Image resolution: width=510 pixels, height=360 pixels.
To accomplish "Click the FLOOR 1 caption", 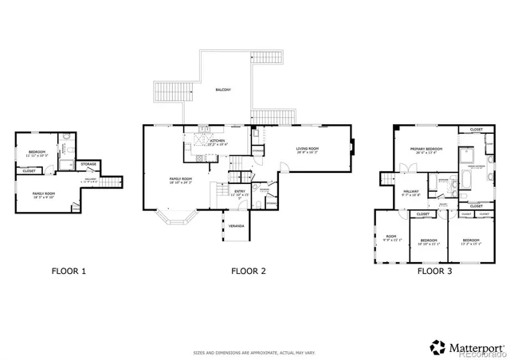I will pos(69,272).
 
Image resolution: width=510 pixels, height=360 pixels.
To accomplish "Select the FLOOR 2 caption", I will pos(249,272).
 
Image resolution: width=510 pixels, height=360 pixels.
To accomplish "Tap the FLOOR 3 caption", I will pos(435,272).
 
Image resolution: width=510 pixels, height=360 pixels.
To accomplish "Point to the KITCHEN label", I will pos(217,141).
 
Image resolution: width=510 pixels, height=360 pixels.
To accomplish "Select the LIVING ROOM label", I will pos(308,148).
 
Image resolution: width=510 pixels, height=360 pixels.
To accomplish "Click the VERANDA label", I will pos(236,226).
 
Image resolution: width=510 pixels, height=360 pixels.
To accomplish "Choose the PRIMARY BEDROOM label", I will pos(426,149).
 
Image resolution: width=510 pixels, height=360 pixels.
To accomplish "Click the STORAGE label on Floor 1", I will pos(88,165).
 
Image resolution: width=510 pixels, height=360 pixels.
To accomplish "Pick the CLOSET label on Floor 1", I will pos(29,170).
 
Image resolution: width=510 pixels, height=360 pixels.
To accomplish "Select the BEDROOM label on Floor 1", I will pos(37,152).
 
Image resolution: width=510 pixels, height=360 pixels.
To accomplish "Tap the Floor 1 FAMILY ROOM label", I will pos(43,194).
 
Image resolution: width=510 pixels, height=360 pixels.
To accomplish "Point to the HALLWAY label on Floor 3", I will pos(411,191).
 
